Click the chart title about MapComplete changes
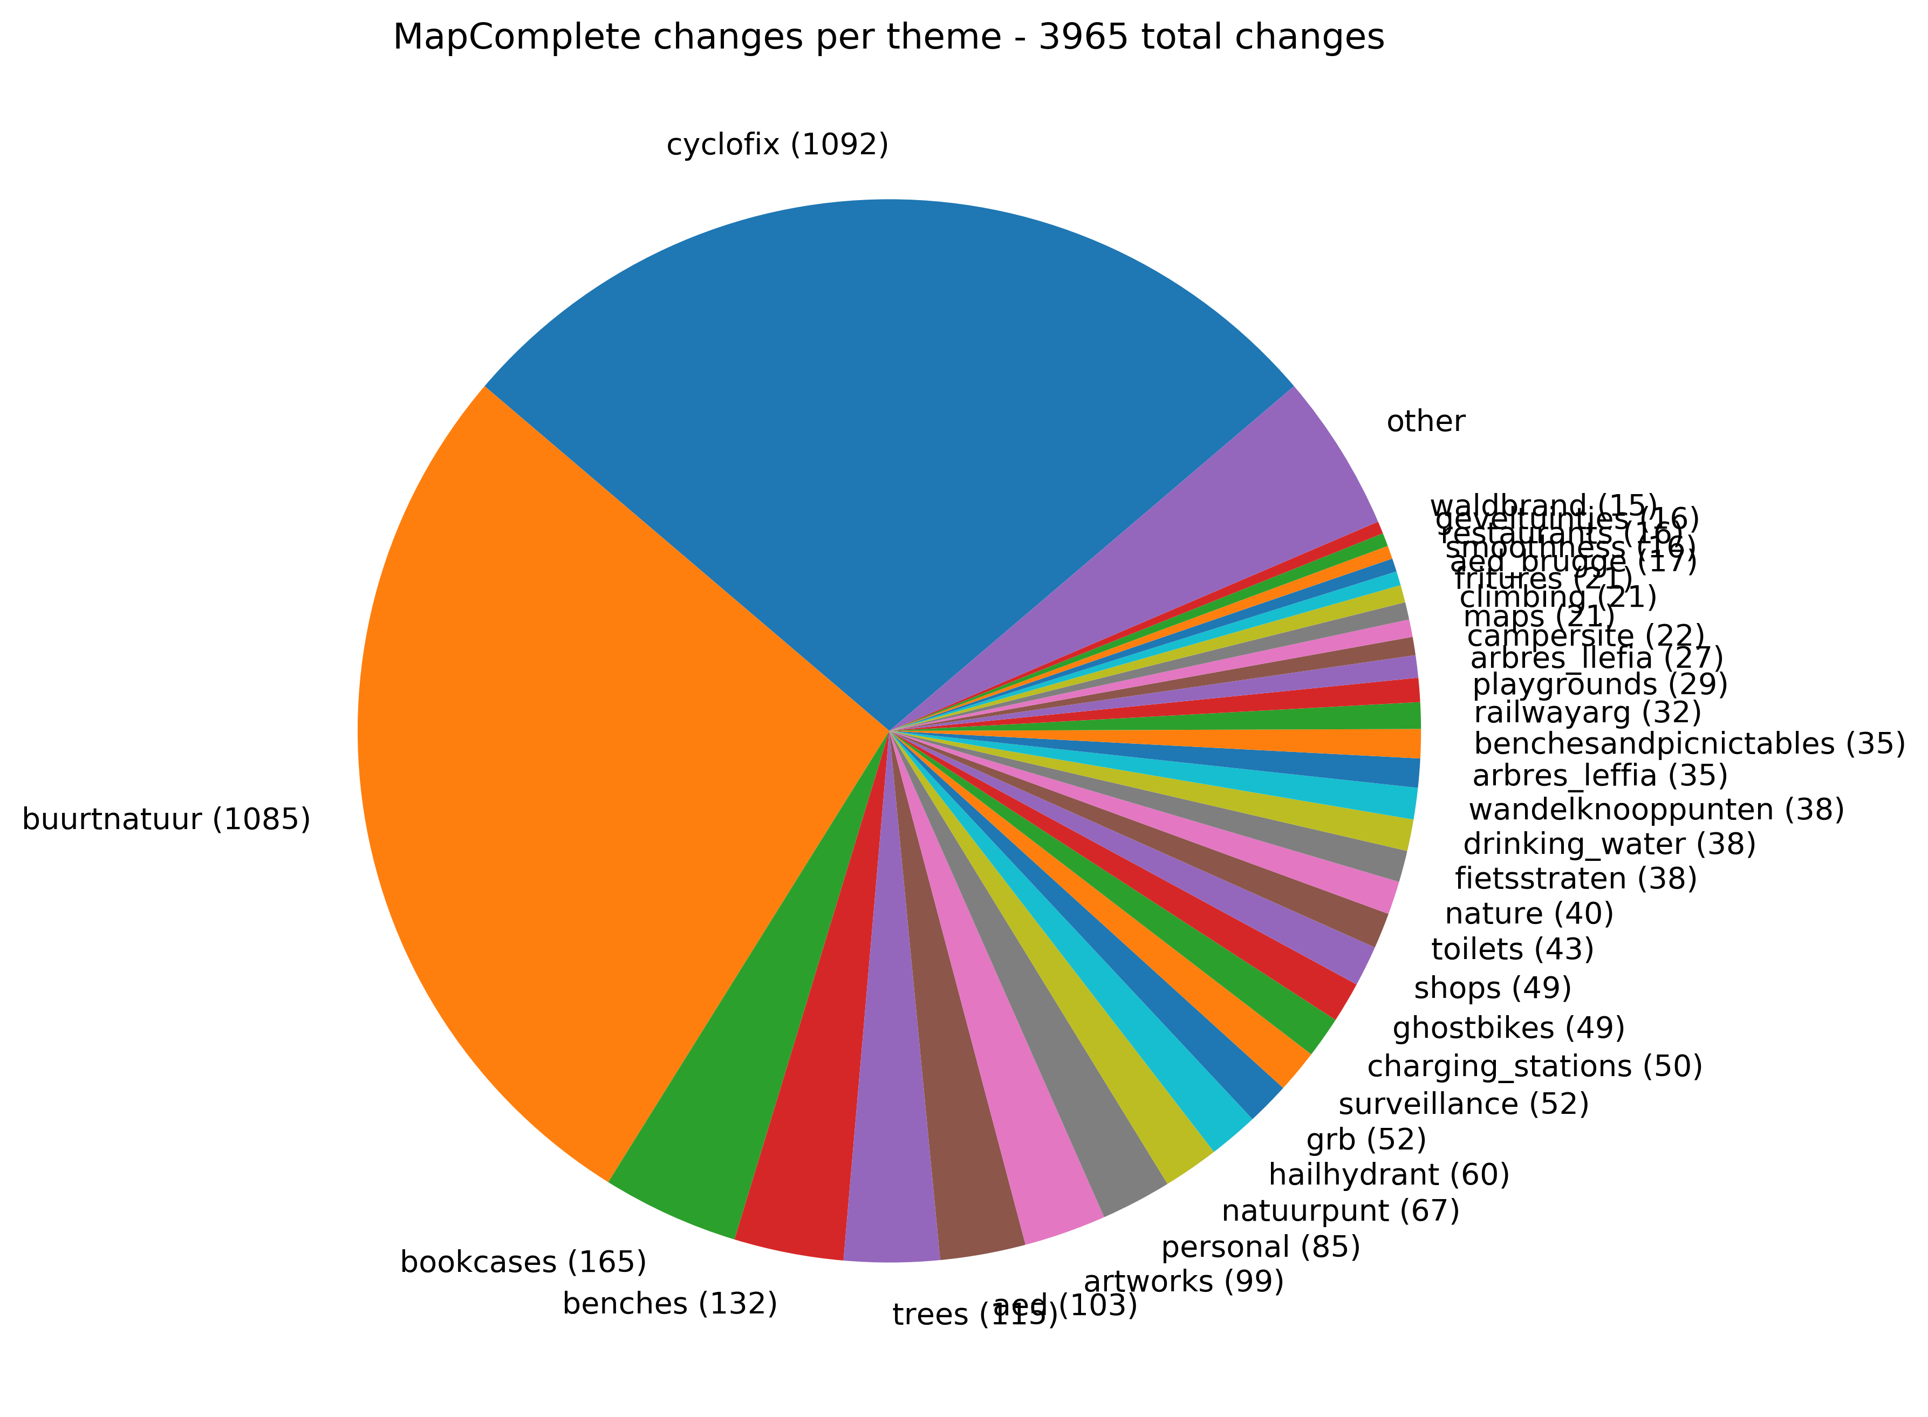tap(888, 38)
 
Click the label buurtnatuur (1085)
tap(166, 819)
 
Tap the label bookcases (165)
tap(523, 1262)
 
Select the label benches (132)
tap(670, 1303)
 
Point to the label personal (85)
tap(1260, 1247)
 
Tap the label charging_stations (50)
tap(1534, 1066)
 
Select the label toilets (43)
tap(1512, 949)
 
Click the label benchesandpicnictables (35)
tap(1688, 743)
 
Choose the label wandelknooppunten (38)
tap(1655, 810)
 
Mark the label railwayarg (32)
tap(1587, 712)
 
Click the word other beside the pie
tap(1425, 421)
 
